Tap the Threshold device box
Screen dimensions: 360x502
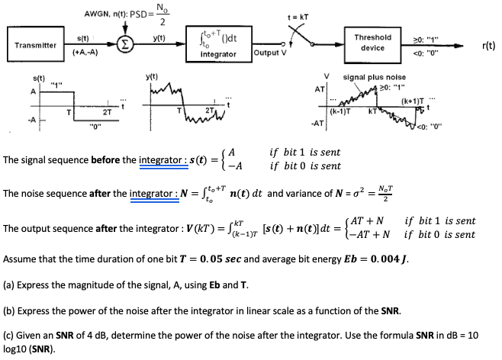point(373,42)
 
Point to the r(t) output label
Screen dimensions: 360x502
point(488,45)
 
